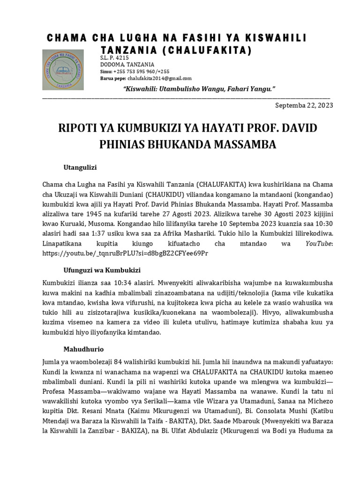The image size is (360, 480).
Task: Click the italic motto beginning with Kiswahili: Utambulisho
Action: pyautogui.click(x=198, y=89)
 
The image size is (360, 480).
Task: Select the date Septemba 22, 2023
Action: pyautogui.click(x=304, y=105)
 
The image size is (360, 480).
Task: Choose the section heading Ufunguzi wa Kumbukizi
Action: pyautogui.click(x=102, y=270)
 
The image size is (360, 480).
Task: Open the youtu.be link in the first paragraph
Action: pyautogui.click(x=125, y=253)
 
